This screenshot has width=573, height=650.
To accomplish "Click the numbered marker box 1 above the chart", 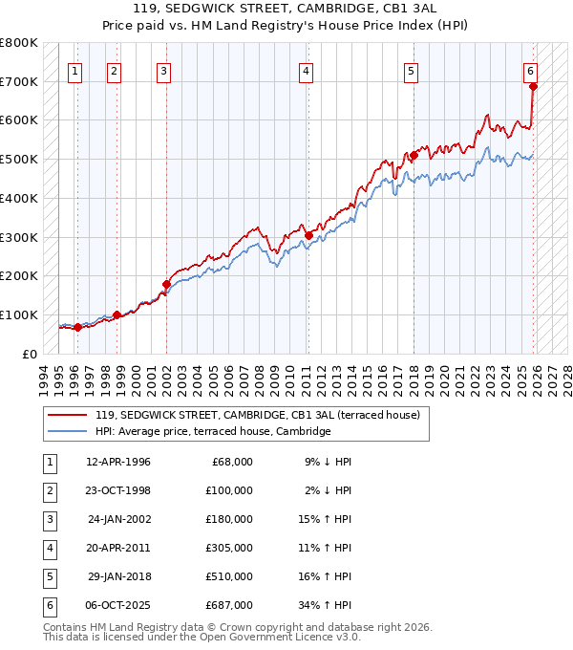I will (74, 70).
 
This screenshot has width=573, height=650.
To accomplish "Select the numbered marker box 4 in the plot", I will (306, 70).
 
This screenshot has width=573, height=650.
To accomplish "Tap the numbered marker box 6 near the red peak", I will (529, 70).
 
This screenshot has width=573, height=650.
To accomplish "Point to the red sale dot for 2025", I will (533, 87).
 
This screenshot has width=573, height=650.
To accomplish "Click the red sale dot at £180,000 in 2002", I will (166, 284).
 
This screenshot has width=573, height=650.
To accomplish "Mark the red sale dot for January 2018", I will (414, 156).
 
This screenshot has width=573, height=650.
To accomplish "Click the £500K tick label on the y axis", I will (19, 159).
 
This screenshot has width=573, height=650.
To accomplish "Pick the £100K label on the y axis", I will (19, 314).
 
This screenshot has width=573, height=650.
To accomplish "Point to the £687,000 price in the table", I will (229, 605).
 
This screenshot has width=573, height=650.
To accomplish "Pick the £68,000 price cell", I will (232, 462).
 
